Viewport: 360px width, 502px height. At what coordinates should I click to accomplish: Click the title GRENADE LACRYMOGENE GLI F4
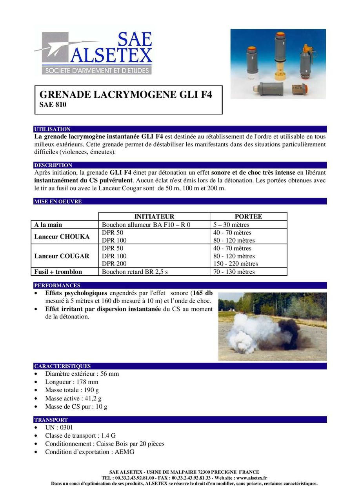pos(125,95)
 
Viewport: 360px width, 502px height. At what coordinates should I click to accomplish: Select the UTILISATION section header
pos(52,129)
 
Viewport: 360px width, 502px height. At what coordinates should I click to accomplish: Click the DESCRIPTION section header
pos(53,165)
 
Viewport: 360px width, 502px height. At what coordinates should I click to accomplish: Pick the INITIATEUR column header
pos(154,216)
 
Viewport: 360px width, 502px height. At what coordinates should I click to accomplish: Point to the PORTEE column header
pos(248,216)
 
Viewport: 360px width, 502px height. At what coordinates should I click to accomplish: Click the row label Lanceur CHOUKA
pos(62,236)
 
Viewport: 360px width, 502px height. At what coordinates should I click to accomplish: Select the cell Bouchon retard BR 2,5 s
pos(135,272)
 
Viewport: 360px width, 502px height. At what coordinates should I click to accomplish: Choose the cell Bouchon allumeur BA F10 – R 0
pos(146,225)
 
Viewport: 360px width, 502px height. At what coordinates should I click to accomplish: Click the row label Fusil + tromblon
pos(58,272)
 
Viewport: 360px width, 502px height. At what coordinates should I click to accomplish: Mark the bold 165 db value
pos(203,293)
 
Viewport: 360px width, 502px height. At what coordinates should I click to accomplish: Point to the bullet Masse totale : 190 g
pos(72,390)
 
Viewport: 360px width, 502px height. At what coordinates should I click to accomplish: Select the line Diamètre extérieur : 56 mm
pos(82,374)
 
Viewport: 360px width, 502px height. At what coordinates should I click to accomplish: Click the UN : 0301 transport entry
pos(59,427)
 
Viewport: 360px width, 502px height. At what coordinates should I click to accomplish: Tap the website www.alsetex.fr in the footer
pos(252,478)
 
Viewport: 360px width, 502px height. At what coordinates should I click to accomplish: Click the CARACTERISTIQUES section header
pos(62,366)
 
